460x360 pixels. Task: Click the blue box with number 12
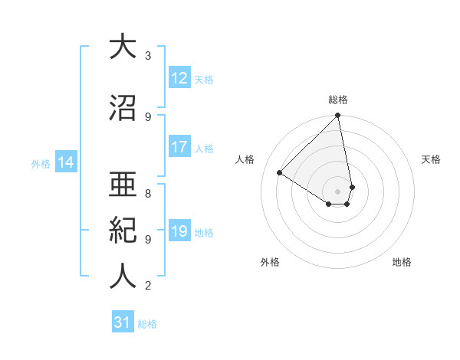179,78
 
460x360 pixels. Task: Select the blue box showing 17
179,147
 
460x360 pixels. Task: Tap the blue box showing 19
179,231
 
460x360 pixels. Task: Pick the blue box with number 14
66,162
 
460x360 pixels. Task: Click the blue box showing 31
123,323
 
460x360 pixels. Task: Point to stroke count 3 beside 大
148,55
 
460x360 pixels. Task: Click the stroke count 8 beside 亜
148,185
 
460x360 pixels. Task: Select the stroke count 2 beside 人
148,286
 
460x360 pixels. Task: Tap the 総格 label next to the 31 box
148,324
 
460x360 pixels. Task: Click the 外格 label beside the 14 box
41,163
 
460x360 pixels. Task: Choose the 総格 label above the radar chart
338,100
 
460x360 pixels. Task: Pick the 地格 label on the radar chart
402,263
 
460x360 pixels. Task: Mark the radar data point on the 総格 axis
338,116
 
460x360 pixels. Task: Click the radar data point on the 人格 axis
280,172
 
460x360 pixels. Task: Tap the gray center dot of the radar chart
338,191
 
